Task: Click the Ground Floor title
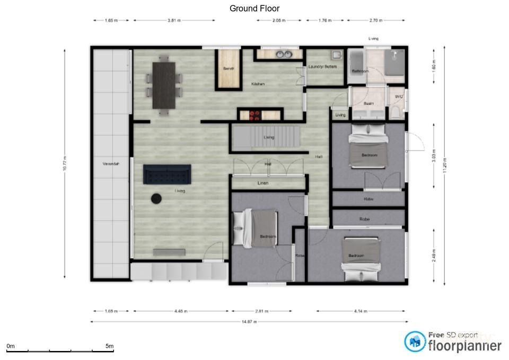coord(254,8)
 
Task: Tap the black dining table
coord(164,85)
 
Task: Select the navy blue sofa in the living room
coord(167,174)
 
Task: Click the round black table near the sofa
coord(157,198)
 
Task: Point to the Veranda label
coord(111,164)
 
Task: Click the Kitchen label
coord(258,84)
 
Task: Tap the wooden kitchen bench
coord(229,68)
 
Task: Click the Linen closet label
coord(263,183)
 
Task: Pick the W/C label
coord(399,96)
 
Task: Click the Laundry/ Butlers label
coord(323,67)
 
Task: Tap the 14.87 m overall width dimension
coord(249,321)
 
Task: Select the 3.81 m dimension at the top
coord(174,20)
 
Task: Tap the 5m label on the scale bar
coord(109,346)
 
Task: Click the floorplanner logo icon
coord(415,342)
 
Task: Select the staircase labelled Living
coord(265,138)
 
